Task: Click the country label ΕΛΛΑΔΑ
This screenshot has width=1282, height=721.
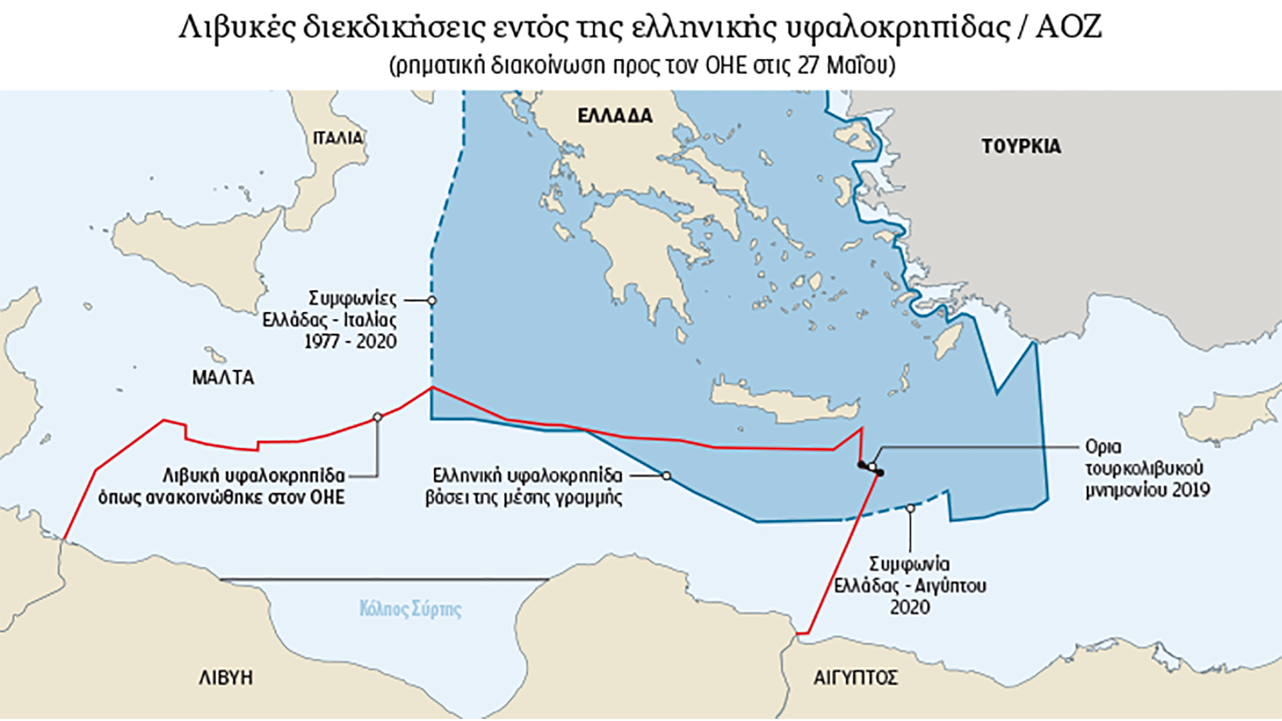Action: click(614, 116)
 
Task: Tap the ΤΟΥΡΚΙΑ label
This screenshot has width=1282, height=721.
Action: click(1021, 147)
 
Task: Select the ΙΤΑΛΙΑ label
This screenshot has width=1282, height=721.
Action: click(338, 138)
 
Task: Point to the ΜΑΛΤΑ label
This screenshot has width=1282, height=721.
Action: click(223, 378)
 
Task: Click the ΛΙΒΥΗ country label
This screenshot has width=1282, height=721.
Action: click(226, 678)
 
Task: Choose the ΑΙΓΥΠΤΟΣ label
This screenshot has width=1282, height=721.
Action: click(855, 678)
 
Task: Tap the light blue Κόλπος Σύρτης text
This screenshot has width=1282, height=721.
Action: click(410, 609)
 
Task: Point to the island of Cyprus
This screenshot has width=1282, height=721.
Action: click(1229, 414)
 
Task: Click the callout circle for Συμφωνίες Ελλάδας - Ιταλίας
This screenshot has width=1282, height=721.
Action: click(432, 300)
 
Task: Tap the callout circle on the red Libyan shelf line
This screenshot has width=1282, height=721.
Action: click(377, 417)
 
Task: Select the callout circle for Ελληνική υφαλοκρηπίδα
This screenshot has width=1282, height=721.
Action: click(666, 476)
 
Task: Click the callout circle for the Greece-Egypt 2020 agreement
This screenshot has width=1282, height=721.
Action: click(910, 509)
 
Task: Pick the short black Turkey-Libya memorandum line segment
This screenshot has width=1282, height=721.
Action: click(871, 468)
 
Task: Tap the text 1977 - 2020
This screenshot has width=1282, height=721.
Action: click(351, 342)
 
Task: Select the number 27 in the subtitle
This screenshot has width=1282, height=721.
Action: click(808, 65)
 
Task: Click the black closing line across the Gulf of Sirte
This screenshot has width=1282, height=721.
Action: click(384, 579)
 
